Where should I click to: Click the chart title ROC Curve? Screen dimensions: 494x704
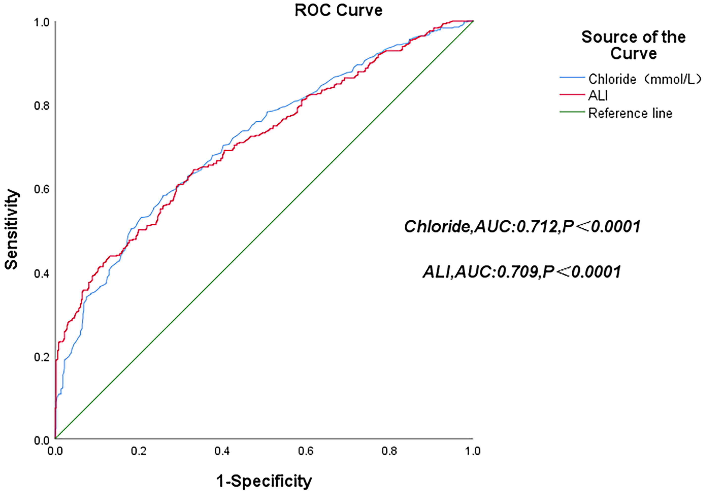[x=338, y=10]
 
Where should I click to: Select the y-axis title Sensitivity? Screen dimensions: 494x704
[x=12, y=230]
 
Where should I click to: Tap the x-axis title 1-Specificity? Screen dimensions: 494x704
[x=264, y=481]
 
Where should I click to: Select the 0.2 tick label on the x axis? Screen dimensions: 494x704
[x=139, y=451]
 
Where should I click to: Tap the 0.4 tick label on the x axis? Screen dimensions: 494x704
[x=222, y=451]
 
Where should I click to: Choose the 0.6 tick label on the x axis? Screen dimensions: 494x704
[x=306, y=451]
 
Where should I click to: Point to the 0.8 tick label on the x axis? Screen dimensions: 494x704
[x=389, y=451]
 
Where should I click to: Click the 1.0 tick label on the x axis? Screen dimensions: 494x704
[x=473, y=451]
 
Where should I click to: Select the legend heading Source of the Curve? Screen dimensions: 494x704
[x=633, y=45]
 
